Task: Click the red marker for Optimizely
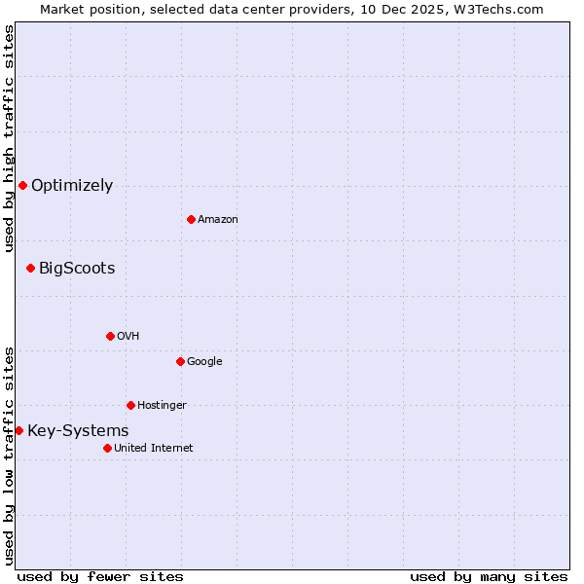click(22, 185)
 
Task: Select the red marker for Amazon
click(191, 219)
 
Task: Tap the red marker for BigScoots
click(30, 268)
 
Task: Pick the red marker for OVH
click(110, 336)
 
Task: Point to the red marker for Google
click(180, 361)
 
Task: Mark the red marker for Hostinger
click(130, 405)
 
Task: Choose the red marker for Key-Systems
click(18, 430)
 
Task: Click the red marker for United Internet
click(107, 448)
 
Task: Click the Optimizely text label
click(72, 186)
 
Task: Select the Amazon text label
click(218, 220)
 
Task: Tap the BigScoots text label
click(77, 269)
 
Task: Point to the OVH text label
click(128, 337)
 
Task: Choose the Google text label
click(204, 362)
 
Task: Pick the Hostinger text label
click(162, 406)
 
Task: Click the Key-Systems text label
click(78, 431)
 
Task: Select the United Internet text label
click(154, 449)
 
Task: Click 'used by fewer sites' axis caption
click(100, 576)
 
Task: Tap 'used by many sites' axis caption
click(489, 576)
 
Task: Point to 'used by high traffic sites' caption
click(9, 138)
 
